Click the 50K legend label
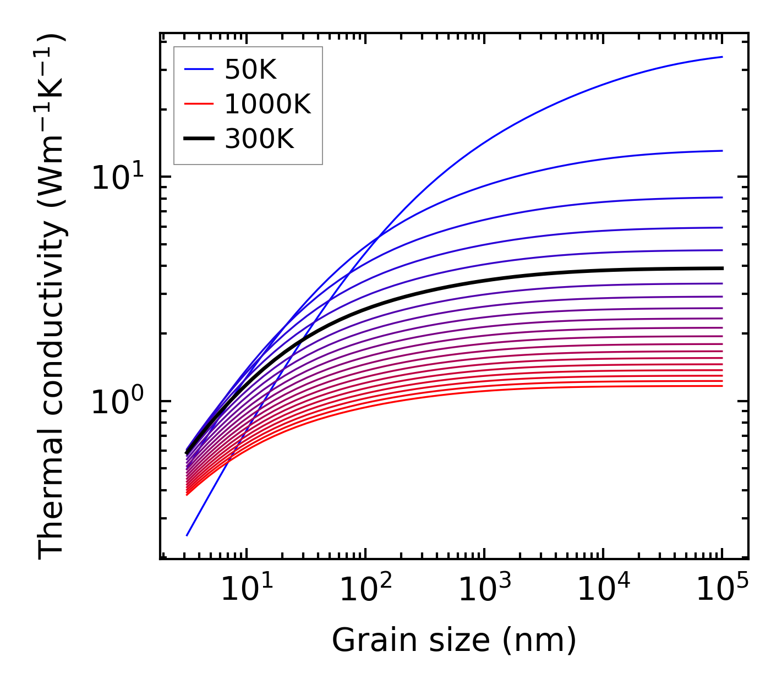pos(250,69)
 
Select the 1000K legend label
pos(267,104)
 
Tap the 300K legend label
pos(259,139)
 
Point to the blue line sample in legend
pos(198,69)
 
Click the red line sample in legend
pos(198,104)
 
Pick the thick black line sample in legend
pos(198,139)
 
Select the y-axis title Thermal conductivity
pos(52,297)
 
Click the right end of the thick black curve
pos(721,269)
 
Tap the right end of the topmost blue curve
pos(721,57)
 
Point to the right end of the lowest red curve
pos(721,386)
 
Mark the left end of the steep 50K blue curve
pos(187,535)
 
